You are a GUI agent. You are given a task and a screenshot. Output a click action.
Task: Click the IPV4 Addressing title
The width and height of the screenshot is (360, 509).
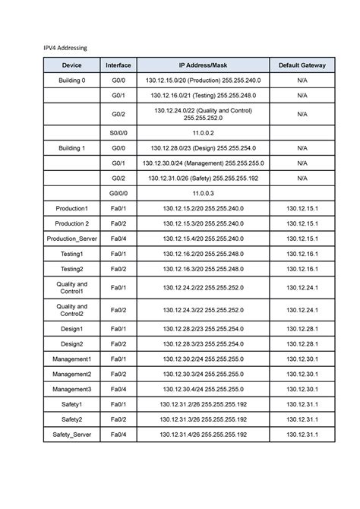point(66,48)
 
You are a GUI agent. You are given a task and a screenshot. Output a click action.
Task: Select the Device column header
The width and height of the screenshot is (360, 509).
point(72,66)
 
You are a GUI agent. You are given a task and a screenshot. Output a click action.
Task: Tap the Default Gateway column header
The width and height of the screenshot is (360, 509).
point(302,66)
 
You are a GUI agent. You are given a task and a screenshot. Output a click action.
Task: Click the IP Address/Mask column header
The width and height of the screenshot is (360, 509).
point(203,66)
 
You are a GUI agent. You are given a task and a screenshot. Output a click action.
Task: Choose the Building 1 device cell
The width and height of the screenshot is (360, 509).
point(72,148)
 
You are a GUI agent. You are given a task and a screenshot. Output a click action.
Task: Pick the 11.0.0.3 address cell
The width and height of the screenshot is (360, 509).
point(203,194)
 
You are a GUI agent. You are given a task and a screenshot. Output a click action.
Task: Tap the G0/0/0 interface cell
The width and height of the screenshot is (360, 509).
point(118,194)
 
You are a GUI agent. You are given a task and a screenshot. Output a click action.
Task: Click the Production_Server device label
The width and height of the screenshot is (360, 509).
point(72,239)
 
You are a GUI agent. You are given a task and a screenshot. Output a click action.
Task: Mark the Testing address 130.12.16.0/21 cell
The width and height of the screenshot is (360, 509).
point(203,96)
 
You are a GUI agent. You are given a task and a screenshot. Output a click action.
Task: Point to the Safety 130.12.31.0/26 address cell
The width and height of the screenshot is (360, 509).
point(203,179)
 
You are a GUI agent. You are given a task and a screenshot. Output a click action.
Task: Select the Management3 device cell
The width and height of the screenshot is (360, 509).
point(72,389)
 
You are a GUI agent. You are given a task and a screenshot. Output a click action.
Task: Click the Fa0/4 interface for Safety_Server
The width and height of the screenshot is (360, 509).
point(118,435)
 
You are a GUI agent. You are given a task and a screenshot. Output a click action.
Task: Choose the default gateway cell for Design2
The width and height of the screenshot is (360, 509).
point(302,344)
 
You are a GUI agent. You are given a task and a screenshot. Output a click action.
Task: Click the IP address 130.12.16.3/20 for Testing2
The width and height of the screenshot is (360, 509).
point(203,269)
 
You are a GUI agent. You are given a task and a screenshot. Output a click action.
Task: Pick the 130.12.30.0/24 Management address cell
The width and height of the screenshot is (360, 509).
point(203,163)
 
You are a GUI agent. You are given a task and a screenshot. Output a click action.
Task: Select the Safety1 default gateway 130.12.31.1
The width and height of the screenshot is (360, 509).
point(302,404)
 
